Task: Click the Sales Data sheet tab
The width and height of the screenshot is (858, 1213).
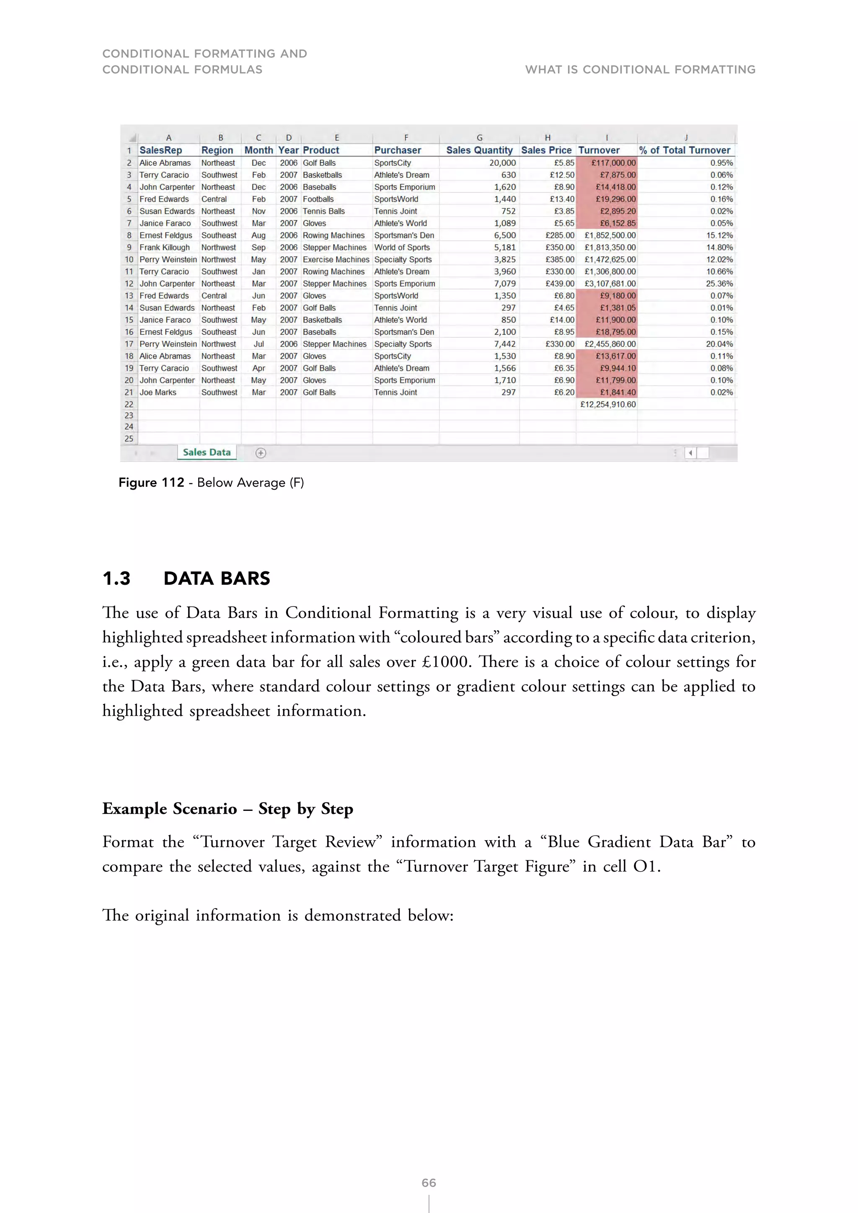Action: click(207, 452)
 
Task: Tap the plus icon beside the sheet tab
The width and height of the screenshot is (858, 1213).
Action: click(261, 453)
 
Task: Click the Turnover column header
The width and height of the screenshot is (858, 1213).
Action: click(599, 150)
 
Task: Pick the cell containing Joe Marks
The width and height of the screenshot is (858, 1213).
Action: click(158, 392)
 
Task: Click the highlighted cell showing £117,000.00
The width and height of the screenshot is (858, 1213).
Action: click(613, 163)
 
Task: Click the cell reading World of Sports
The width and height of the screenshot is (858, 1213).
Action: click(402, 247)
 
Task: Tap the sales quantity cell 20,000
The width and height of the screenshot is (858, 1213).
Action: click(502, 163)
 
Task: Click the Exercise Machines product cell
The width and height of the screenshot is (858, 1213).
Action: click(336, 259)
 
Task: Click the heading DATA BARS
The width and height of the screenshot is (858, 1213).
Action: click(217, 578)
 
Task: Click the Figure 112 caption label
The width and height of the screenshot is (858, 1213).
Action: click(151, 483)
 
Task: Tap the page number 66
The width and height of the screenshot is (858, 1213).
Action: click(429, 1182)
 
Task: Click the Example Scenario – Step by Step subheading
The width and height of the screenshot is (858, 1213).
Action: click(227, 808)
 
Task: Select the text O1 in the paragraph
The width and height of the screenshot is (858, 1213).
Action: click(645, 867)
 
